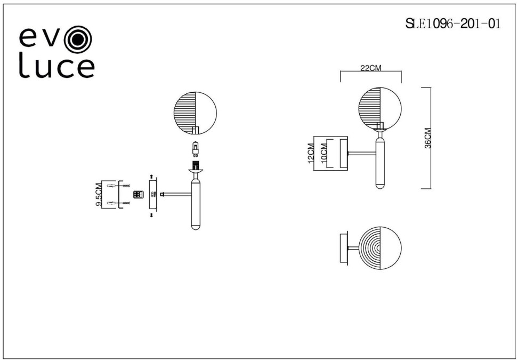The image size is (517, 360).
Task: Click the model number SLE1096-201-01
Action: [453, 24]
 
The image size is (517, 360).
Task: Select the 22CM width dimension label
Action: [370, 68]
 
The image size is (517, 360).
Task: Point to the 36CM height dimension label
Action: [428, 138]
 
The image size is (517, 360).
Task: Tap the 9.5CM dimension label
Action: [98, 195]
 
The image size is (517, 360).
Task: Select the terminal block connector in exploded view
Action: [137, 195]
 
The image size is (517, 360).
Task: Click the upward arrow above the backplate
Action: [151, 176]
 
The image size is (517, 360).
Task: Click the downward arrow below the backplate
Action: [151, 215]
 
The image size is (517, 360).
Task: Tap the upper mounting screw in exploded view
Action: [126, 186]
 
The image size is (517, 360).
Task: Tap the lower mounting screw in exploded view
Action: [126, 204]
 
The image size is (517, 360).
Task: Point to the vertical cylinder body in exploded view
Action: [196, 205]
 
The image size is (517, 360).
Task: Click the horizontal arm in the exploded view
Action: [176, 195]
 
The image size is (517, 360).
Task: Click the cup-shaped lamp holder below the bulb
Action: [196, 171]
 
